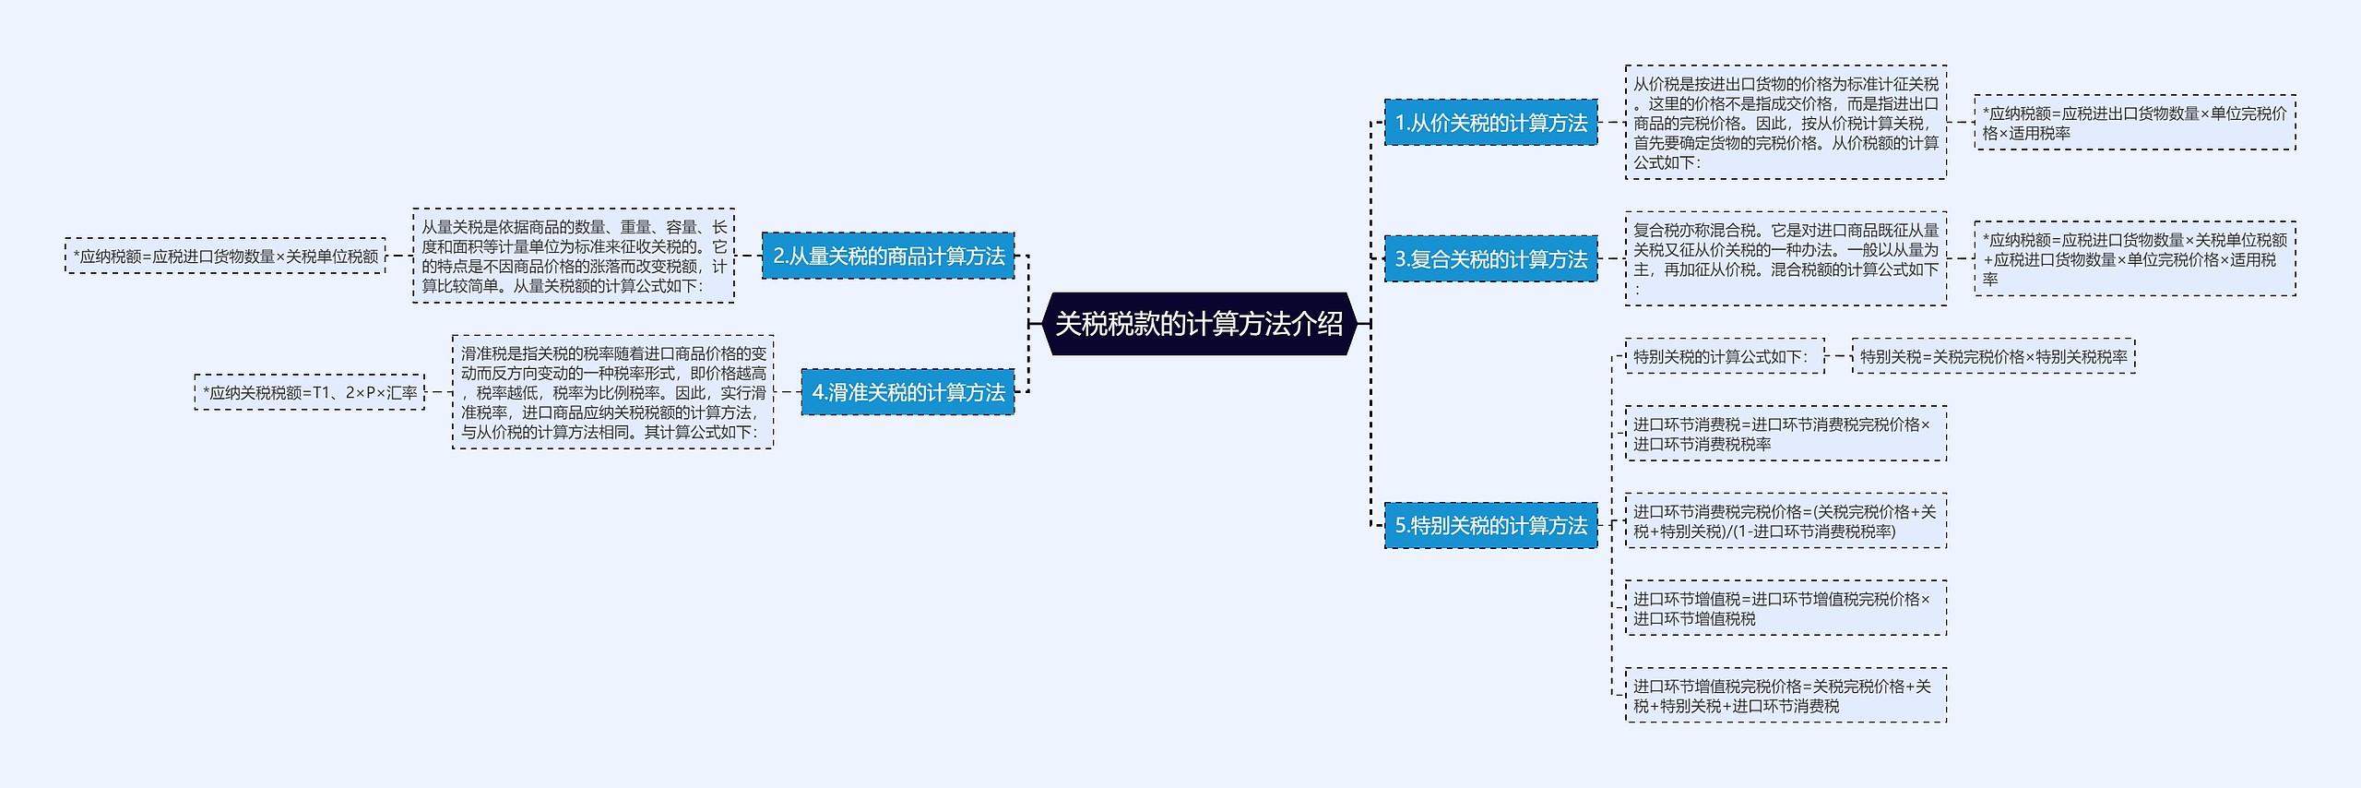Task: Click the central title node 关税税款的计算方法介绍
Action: coord(1199,324)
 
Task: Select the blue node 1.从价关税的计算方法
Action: coord(1490,123)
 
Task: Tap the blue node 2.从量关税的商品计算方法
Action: coord(888,256)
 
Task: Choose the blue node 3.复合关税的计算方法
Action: coord(1490,259)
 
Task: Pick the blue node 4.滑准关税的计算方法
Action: coord(908,392)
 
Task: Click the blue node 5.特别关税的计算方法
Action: coord(1490,525)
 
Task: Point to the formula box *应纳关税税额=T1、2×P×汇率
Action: coord(310,392)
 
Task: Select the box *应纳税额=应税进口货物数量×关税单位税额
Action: coord(225,256)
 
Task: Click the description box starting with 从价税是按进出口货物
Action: coord(1786,123)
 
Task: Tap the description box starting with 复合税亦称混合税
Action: coord(1786,259)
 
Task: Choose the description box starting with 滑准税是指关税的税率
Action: coord(612,392)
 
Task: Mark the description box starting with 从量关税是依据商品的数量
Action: coord(574,256)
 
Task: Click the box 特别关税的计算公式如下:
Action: coord(1724,356)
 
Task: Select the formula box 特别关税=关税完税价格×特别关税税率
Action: coord(1993,356)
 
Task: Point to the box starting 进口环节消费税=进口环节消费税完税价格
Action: coord(1786,434)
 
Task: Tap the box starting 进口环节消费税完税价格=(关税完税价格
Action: coord(1786,521)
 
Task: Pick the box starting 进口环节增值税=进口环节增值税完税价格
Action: coord(1786,608)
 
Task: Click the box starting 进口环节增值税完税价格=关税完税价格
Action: coord(1786,696)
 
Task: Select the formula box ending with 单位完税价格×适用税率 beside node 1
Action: coord(2134,123)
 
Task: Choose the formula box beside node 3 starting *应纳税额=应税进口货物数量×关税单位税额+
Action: coord(2134,259)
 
